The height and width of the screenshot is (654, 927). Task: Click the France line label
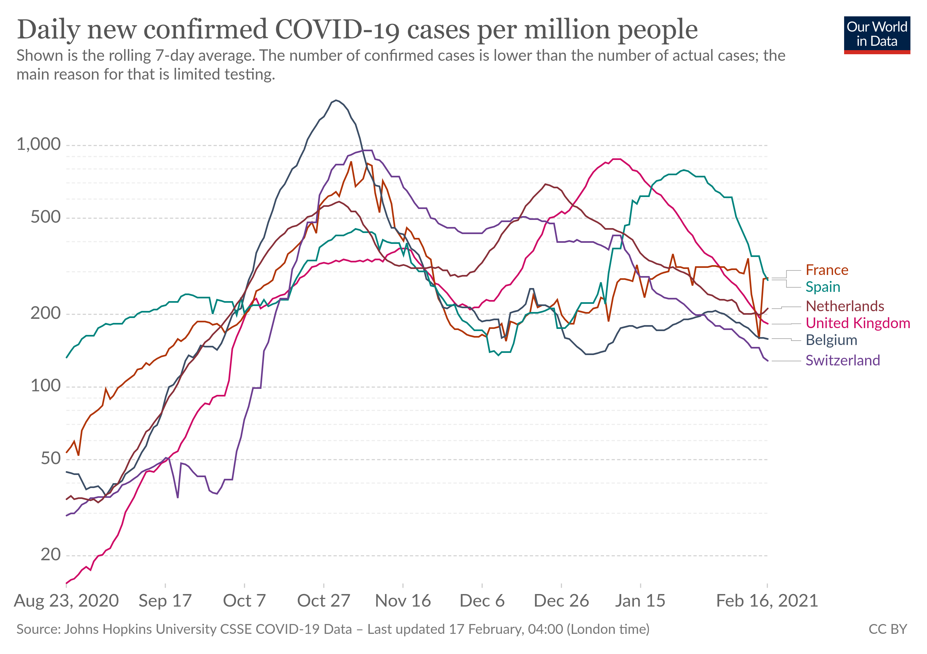(826, 270)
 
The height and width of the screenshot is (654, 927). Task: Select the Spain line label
(822, 287)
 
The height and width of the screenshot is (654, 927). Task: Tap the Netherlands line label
(845, 306)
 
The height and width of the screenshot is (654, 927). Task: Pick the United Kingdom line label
(857, 323)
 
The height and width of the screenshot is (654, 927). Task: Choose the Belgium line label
(831, 340)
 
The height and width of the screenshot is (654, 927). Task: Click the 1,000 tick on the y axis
(39, 144)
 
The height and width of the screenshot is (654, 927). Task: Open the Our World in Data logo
(877, 35)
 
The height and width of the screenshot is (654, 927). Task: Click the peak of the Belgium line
(336, 101)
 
